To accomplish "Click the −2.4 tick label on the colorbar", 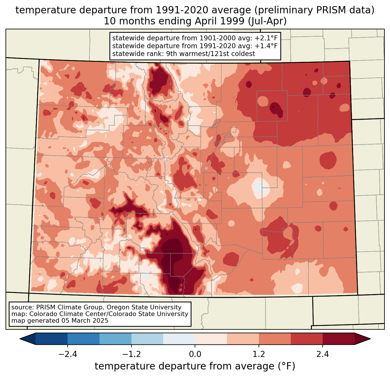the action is (68, 354).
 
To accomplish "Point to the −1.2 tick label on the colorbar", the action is (132, 354).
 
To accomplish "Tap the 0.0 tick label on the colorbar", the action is (195, 354).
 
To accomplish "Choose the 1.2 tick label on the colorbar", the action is (259, 354).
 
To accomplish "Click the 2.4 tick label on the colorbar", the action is (322, 354).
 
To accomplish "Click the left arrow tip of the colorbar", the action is (20, 339).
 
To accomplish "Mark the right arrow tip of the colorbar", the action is (370, 339).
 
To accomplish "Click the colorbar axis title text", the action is (195, 366).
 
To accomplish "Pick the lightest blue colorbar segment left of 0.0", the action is (179, 339).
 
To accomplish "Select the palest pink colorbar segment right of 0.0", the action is (211, 339).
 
